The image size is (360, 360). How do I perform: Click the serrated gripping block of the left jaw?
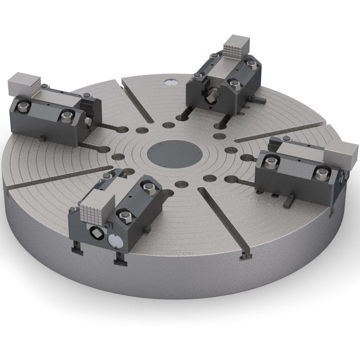[x=22, y=83]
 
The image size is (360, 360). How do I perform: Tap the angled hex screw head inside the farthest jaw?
[x=211, y=94]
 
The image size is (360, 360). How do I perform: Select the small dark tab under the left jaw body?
[x=44, y=138]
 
